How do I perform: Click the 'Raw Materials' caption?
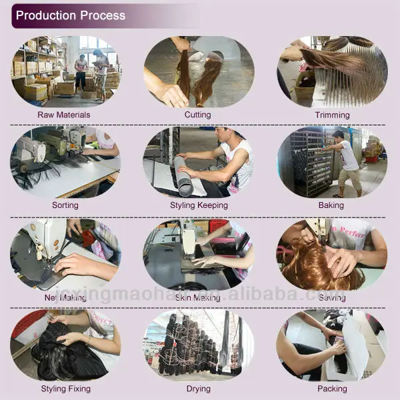[x=64, y=115]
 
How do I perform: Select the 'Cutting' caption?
[x=197, y=115]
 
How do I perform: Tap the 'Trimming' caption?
[x=331, y=115]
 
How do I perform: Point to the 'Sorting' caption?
[x=65, y=205]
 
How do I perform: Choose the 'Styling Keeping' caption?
[x=199, y=205]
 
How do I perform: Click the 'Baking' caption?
[x=331, y=205]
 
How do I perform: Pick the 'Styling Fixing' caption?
[x=65, y=388]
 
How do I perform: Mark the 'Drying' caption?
[x=198, y=388]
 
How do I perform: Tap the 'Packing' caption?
[x=331, y=388]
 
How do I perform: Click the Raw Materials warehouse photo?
[x=65, y=71]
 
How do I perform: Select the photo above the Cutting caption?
[x=198, y=71]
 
